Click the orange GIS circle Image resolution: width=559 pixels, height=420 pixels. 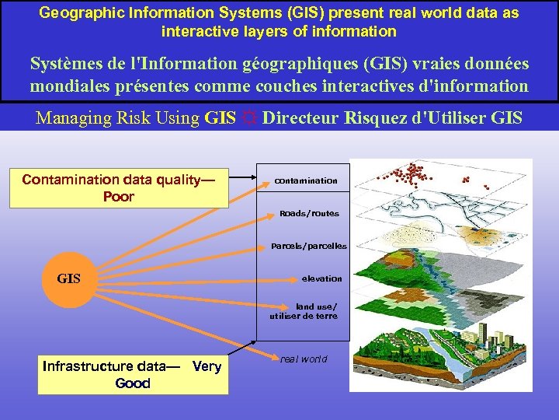(69, 278)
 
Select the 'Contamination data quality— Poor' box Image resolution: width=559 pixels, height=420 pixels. (119, 189)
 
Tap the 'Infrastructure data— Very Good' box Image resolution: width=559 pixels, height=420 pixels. (133, 375)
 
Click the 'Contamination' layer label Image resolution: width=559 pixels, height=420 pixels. (306, 180)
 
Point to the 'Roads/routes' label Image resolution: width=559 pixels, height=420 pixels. (309, 213)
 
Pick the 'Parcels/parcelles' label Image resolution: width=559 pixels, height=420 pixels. (309, 246)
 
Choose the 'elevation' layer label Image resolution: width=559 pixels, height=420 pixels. (321, 278)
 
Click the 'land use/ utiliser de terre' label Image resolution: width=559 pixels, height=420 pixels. (304, 311)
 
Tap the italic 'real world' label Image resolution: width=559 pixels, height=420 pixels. (304, 359)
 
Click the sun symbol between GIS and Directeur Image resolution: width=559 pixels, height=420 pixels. (249, 119)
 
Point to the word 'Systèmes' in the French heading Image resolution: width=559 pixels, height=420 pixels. (64, 64)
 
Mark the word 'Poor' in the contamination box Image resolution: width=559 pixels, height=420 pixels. (119, 197)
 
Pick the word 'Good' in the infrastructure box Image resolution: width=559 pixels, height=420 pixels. (133, 383)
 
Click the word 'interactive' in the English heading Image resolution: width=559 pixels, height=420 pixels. (197, 32)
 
